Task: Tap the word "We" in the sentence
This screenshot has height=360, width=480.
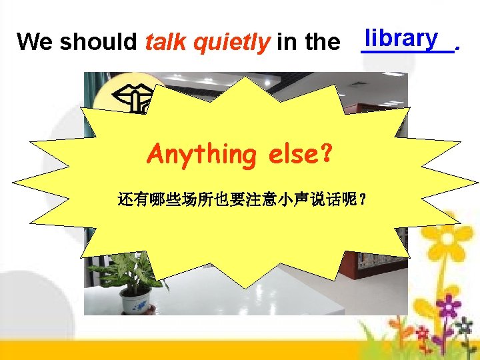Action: click(35, 42)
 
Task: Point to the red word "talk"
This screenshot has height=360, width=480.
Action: click(165, 42)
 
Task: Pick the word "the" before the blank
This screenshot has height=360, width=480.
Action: click(322, 42)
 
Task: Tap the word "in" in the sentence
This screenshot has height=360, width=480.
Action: click(287, 42)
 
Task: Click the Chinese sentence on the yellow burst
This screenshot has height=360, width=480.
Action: click(241, 199)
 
